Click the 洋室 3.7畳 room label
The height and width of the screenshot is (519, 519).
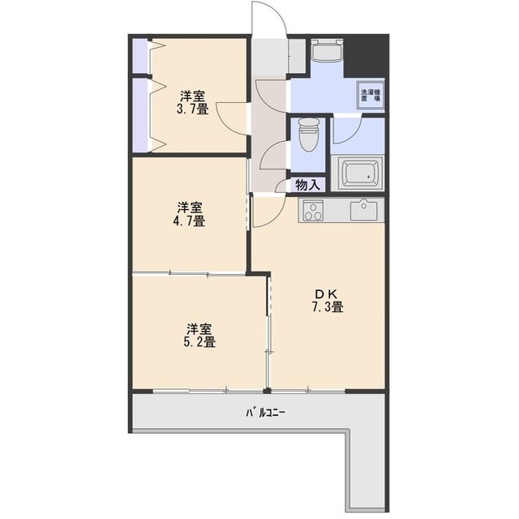tap(192, 102)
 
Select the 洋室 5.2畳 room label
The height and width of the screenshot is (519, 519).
tap(199, 335)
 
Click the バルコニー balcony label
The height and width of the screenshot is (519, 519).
tap(265, 413)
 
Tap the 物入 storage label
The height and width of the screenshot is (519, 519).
tap(308, 185)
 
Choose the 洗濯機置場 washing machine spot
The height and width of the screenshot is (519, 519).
tap(370, 95)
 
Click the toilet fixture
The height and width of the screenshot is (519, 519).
tap(308, 135)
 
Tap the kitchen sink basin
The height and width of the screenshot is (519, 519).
tap(363, 209)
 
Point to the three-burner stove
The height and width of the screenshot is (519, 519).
tap(311, 211)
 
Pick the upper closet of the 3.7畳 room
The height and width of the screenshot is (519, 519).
tap(139, 56)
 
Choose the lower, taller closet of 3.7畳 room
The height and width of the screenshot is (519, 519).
tap(139, 115)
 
